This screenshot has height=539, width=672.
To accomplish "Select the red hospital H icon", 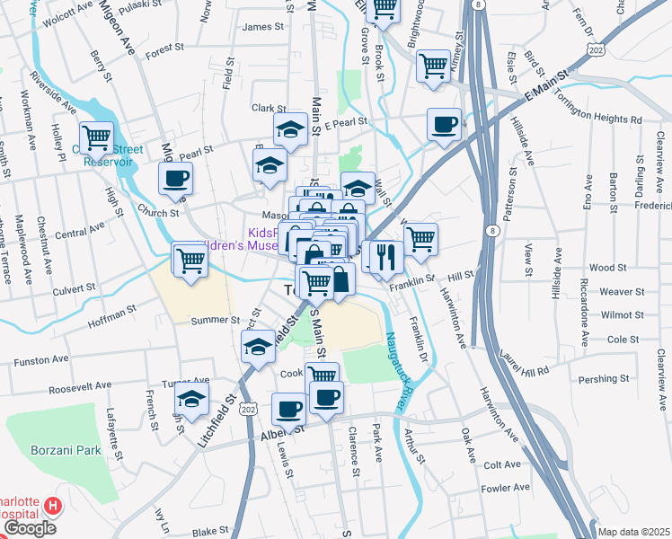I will tap(52, 508).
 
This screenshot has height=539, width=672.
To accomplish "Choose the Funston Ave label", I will tap(41, 359).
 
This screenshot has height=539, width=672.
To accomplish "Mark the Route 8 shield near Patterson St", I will tap(492, 231).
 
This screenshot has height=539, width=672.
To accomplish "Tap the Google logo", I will tap(30, 528).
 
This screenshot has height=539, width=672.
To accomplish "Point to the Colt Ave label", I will tap(501, 465).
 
